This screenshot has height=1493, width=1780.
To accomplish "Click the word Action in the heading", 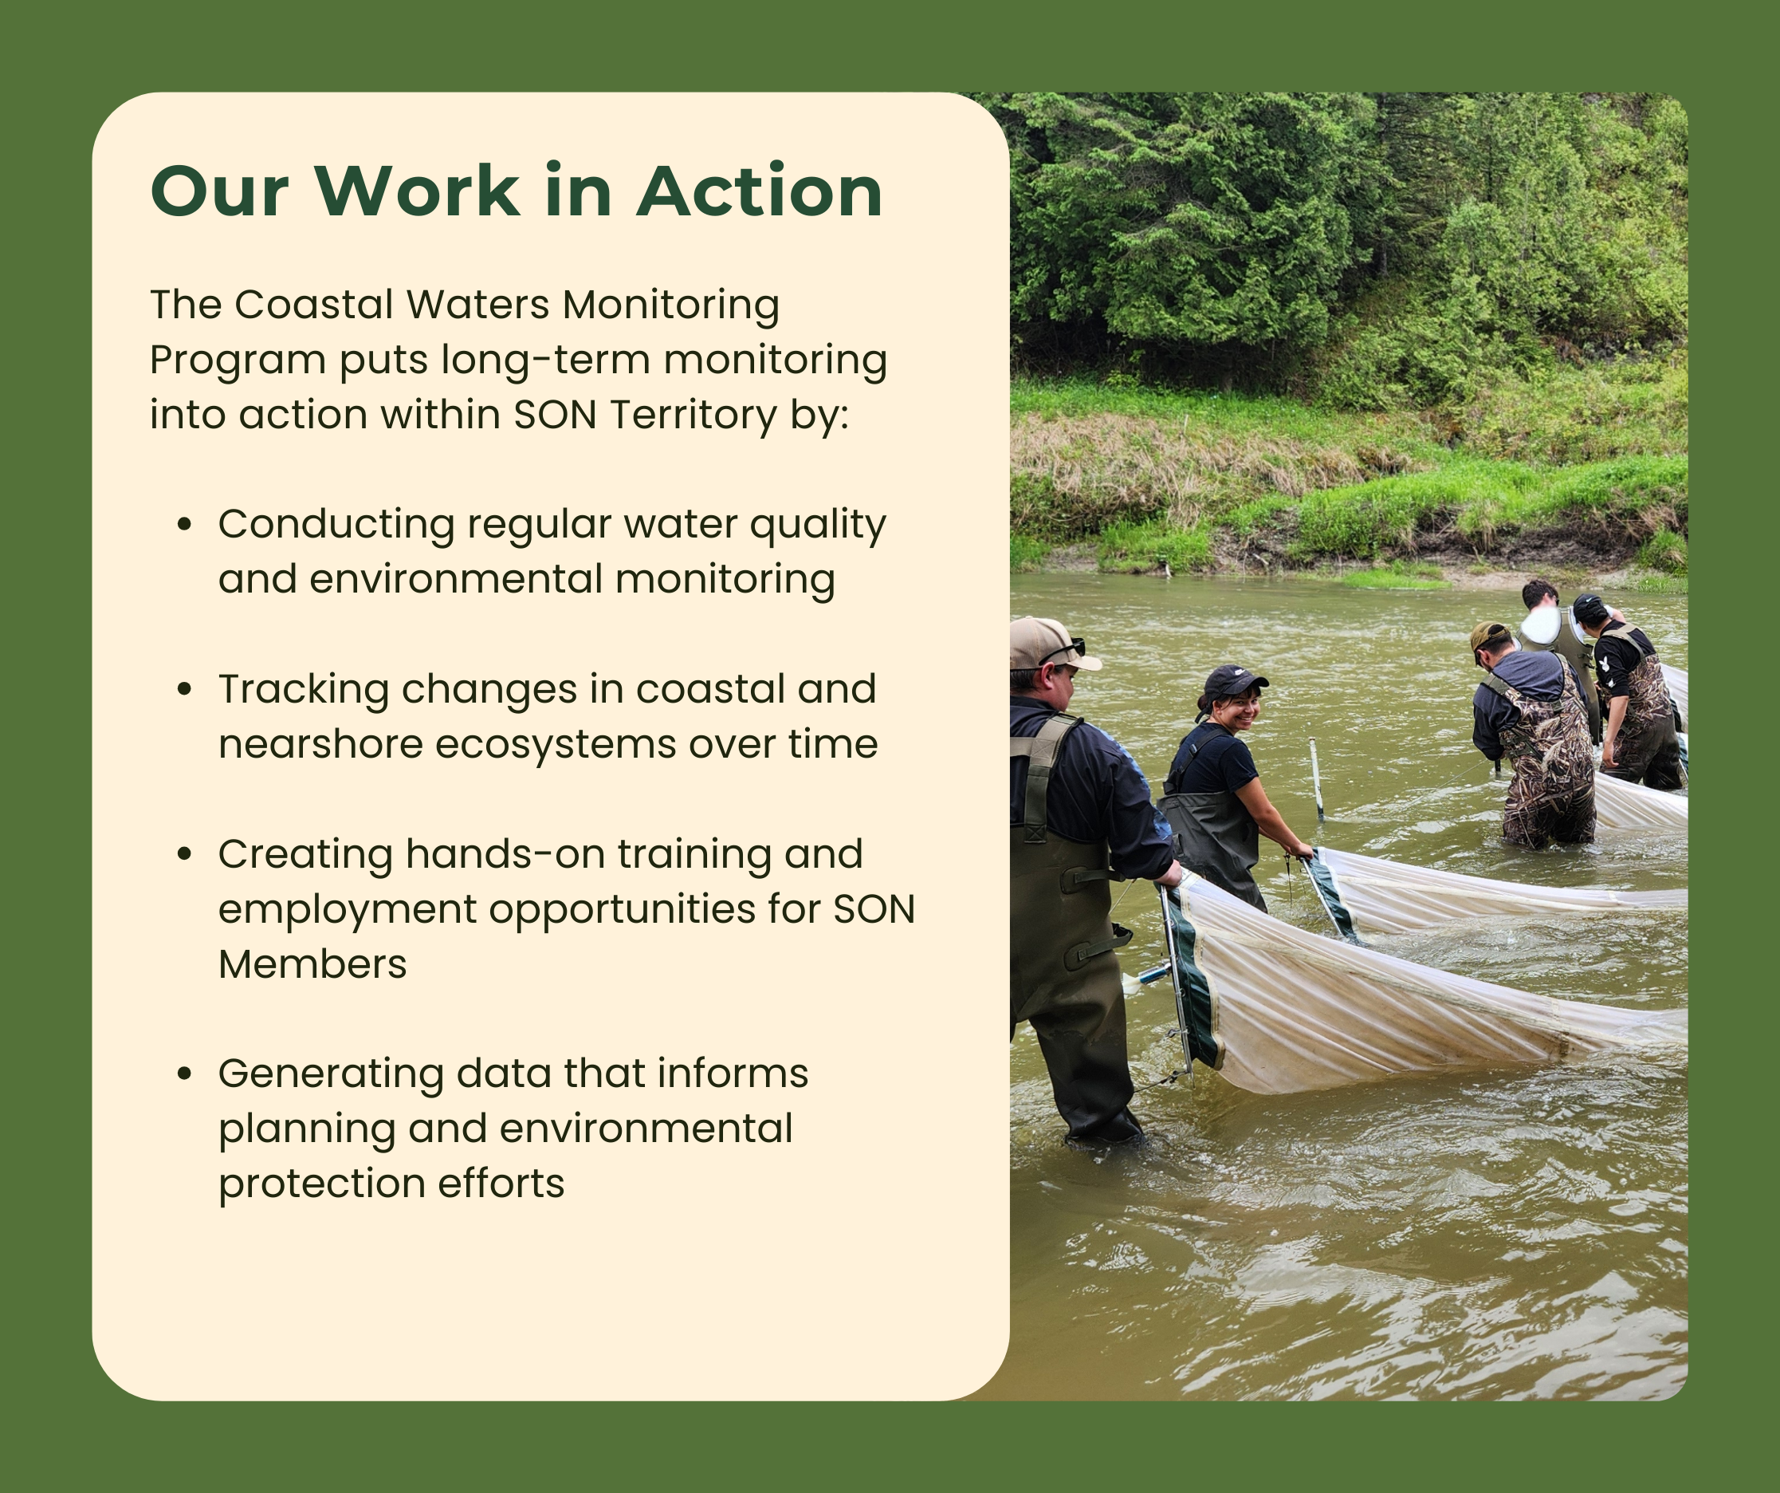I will tap(760, 191).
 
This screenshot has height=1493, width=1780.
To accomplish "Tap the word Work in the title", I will tap(417, 191).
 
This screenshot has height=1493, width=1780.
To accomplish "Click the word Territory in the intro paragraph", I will tap(693, 415).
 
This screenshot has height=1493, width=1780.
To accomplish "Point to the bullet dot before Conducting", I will tap(184, 525).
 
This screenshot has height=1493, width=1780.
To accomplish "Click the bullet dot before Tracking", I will tap(184, 689).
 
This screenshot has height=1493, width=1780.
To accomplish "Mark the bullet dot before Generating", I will tap(184, 1073).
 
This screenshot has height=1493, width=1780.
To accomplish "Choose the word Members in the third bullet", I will tap(312, 964).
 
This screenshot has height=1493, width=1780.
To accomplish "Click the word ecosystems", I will tap(554, 744).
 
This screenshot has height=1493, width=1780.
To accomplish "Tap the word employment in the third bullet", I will tap(347, 910).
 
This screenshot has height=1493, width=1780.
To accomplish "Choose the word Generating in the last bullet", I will tap(331, 1074).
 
